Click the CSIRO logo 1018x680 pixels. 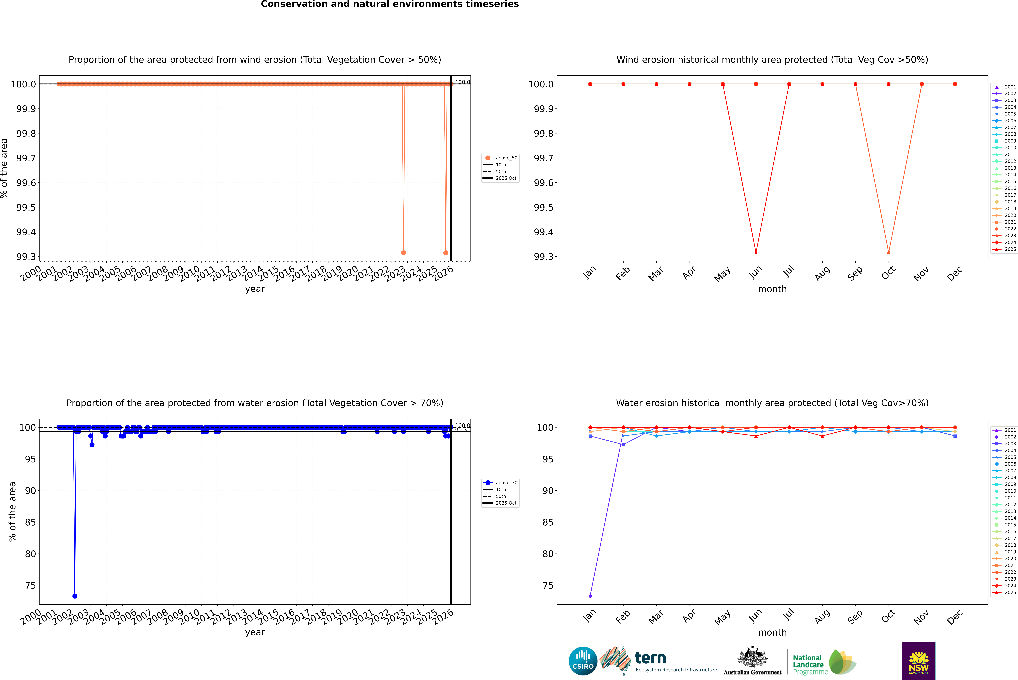click(x=583, y=661)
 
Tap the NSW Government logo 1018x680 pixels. click(x=919, y=661)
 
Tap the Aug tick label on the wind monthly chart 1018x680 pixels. click(x=822, y=273)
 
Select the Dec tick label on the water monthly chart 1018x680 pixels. click(x=955, y=617)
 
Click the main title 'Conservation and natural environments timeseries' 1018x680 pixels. click(x=390, y=4)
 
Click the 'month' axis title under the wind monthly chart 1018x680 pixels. click(x=772, y=289)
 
